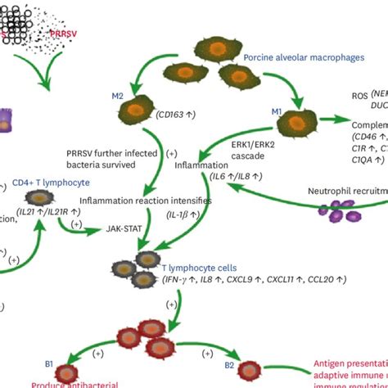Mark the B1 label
point(50,363)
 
